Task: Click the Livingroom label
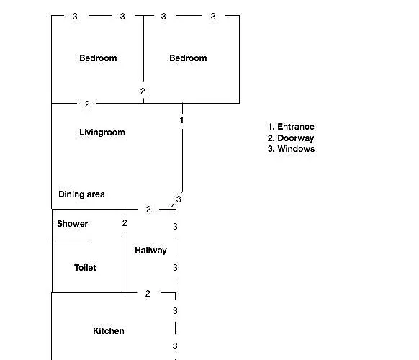pyautogui.click(x=102, y=132)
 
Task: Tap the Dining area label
pyautogui.click(x=81, y=194)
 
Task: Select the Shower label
pyautogui.click(x=72, y=224)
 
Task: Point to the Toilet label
pyautogui.click(x=85, y=268)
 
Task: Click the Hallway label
pyautogui.click(x=150, y=251)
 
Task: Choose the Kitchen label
pyautogui.click(x=109, y=331)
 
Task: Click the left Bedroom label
pyautogui.click(x=98, y=58)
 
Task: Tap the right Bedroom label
pyautogui.click(x=188, y=58)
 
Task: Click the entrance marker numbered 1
pyautogui.click(x=181, y=120)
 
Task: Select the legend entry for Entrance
pyautogui.click(x=291, y=127)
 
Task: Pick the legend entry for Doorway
pyautogui.click(x=291, y=138)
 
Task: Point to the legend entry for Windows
pyautogui.click(x=292, y=149)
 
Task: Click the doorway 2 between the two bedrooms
pyautogui.click(x=143, y=91)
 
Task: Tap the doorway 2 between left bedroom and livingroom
pyautogui.click(x=87, y=104)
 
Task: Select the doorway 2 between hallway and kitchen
pyautogui.click(x=148, y=294)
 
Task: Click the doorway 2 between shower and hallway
pyautogui.click(x=125, y=223)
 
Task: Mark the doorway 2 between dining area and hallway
pyautogui.click(x=148, y=210)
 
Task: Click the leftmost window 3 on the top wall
pyautogui.click(x=75, y=17)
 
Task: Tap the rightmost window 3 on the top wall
pyautogui.click(x=213, y=17)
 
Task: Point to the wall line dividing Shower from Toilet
pyautogui.click(x=71, y=243)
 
